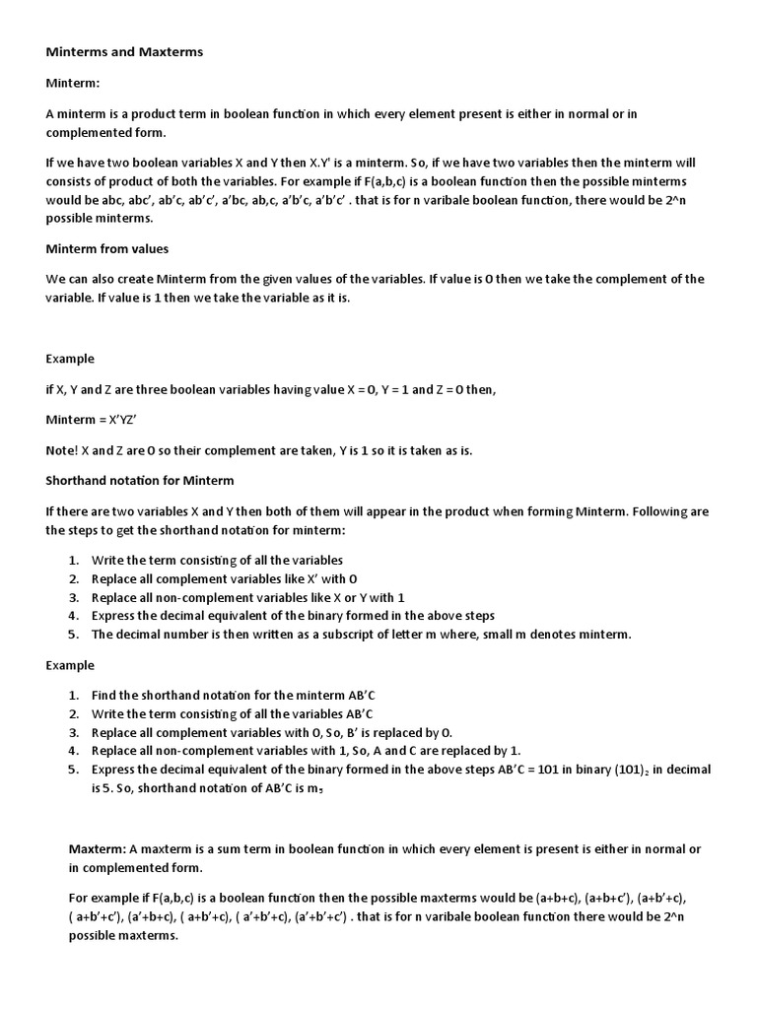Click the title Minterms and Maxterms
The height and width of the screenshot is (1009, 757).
tap(124, 51)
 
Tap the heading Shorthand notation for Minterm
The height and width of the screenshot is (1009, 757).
tap(140, 481)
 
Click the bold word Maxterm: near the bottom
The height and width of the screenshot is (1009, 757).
tap(98, 849)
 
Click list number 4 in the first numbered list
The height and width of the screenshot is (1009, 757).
tap(74, 616)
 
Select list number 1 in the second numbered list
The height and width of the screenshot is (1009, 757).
tap(74, 697)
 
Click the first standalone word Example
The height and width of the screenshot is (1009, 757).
tap(70, 359)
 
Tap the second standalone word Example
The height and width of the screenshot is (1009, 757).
tap(70, 665)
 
